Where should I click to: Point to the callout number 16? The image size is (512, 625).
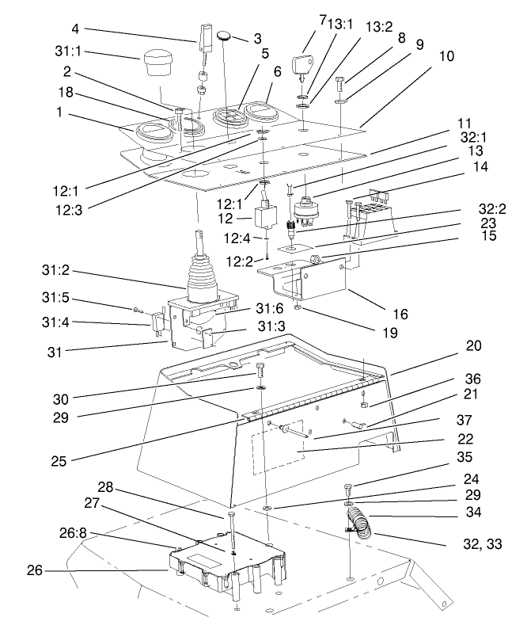tap(401, 315)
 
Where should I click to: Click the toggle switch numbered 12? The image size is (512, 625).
tap(263, 215)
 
